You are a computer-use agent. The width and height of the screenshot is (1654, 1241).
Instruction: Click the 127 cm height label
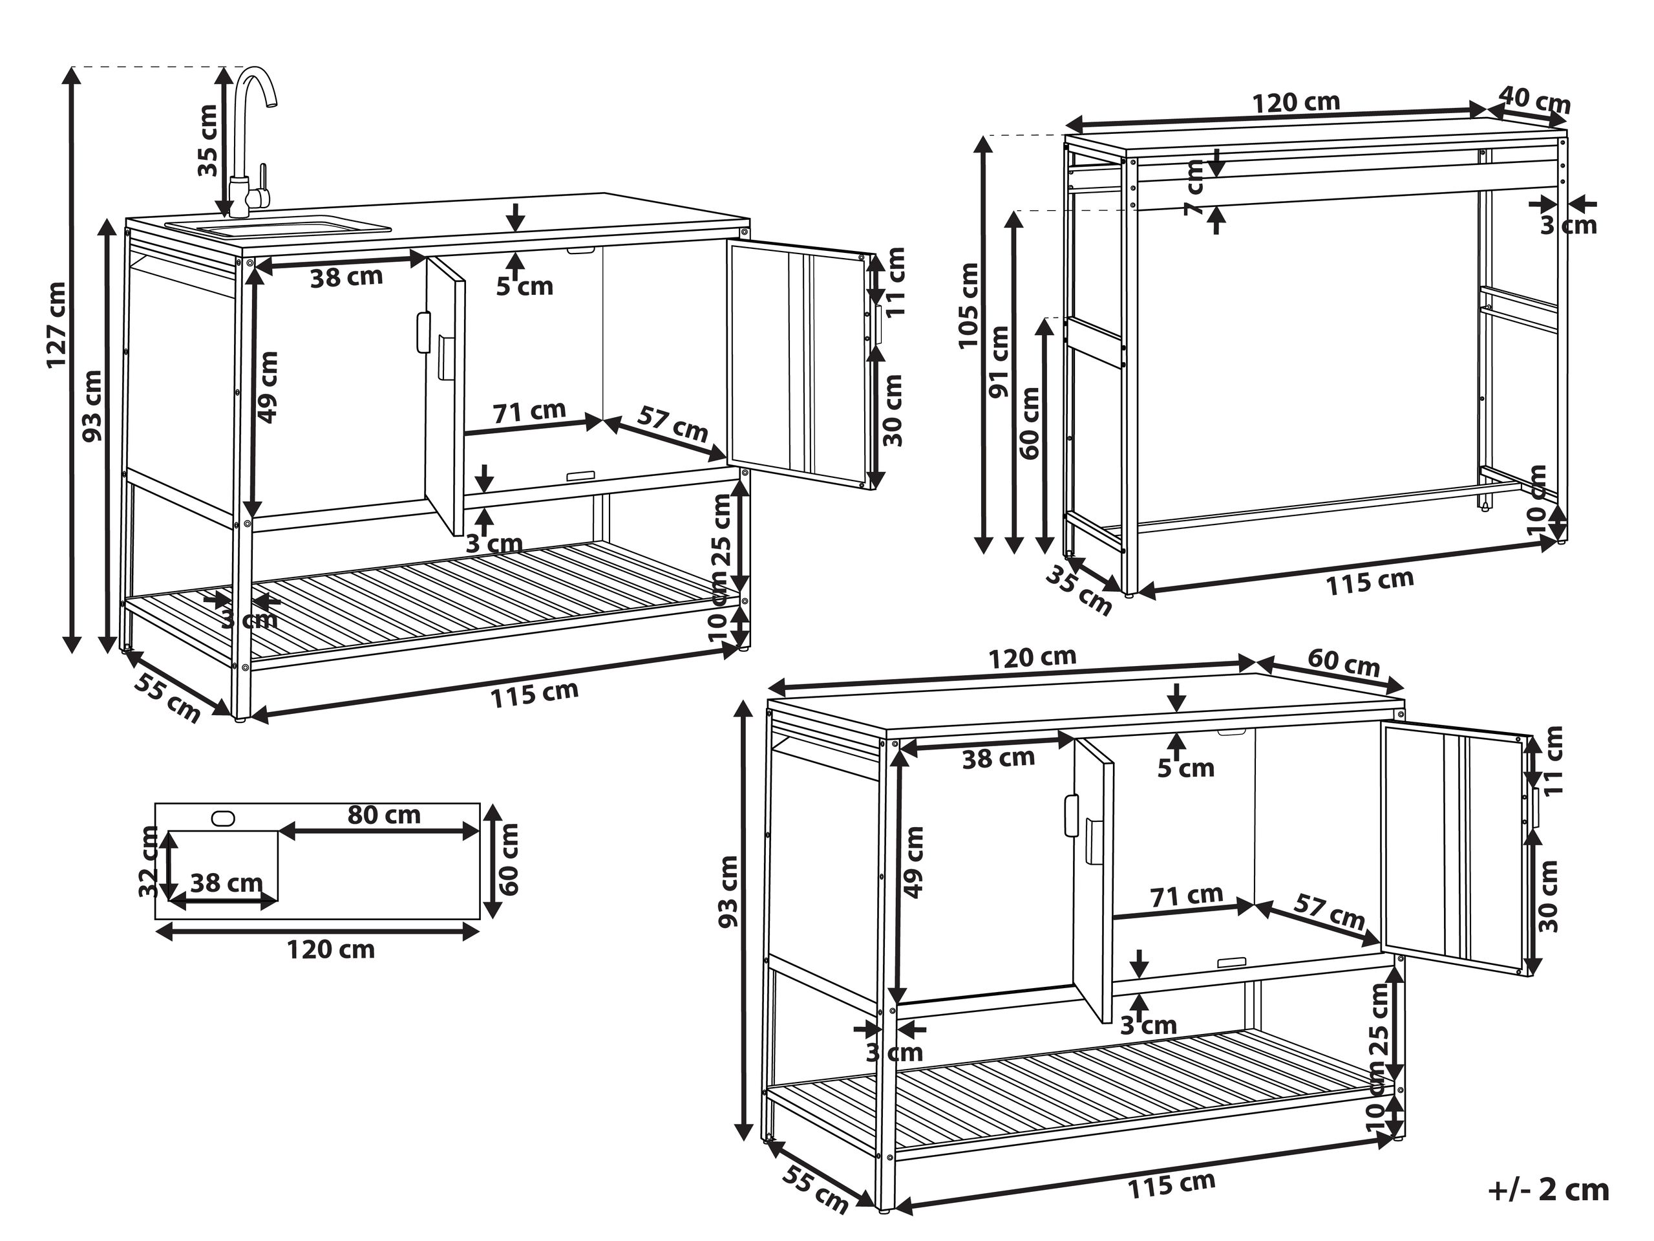pyautogui.click(x=57, y=325)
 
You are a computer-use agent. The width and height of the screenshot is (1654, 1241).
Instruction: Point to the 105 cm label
pyautogui.click(x=969, y=305)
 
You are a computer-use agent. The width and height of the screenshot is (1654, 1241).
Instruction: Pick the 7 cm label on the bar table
pyautogui.click(x=1195, y=187)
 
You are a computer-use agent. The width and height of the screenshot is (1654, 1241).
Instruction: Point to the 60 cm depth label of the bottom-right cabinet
pyautogui.click(x=1344, y=662)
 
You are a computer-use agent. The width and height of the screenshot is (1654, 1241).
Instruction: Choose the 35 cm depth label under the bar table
pyautogui.click(x=1078, y=590)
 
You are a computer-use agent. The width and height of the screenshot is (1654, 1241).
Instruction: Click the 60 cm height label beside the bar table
pyautogui.click(x=1030, y=423)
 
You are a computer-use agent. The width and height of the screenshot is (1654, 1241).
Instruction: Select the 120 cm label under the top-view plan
pyautogui.click(x=330, y=949)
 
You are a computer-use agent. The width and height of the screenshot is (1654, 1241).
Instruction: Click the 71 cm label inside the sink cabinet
pyautogui.click(x=529, y=411)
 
